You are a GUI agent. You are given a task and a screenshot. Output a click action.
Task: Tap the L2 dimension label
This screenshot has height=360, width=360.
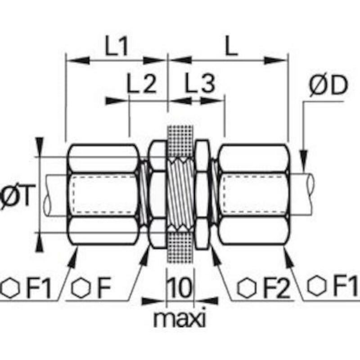click(142, 83)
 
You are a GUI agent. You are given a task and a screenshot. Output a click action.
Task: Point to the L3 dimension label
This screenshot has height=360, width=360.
click(200, 83)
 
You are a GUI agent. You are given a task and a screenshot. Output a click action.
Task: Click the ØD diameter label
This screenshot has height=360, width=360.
click(328, 85)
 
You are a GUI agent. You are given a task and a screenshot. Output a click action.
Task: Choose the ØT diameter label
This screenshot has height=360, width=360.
click(15, 196)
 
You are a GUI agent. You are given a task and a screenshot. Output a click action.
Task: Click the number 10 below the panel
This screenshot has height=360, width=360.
click(179, 287)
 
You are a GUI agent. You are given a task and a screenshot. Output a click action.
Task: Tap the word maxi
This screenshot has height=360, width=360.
click(180, 319)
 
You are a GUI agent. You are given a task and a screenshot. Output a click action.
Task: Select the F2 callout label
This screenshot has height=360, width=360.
click(277, 288)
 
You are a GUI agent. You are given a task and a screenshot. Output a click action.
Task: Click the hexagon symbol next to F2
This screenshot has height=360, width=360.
click(247, 288)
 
